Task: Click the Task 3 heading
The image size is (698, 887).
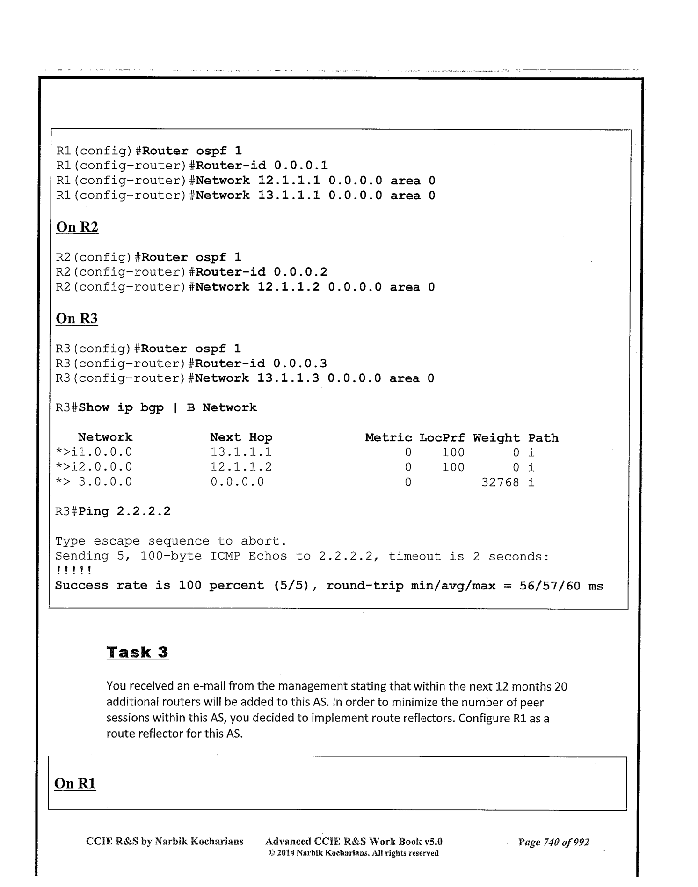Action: pyautogui.click(x=138, y=652)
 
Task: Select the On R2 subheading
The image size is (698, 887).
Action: pyautogui.click(x=77, y=227)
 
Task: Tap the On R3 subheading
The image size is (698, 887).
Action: pyautogui.click(x=77, y=319)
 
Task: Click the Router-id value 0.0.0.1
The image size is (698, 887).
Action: pyautogui.click(x=301, y=166)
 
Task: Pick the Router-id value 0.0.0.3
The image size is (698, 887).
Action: pyautogui.click(x=300, y=364)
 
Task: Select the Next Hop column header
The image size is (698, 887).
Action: pyautogui.click(x=241, y=437)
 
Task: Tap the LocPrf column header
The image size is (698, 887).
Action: pyautogui.click(x=442, y=438)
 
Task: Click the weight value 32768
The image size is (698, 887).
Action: pyautogui.click(x=500, y=482)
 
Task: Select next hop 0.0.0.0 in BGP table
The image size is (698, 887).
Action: pyautogui.click(x=237, y=482)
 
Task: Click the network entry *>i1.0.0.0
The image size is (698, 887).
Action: pyautogui.click(x=94, y=452)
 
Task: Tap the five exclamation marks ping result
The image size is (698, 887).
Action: pyautogui.click(x=73, y=571)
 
